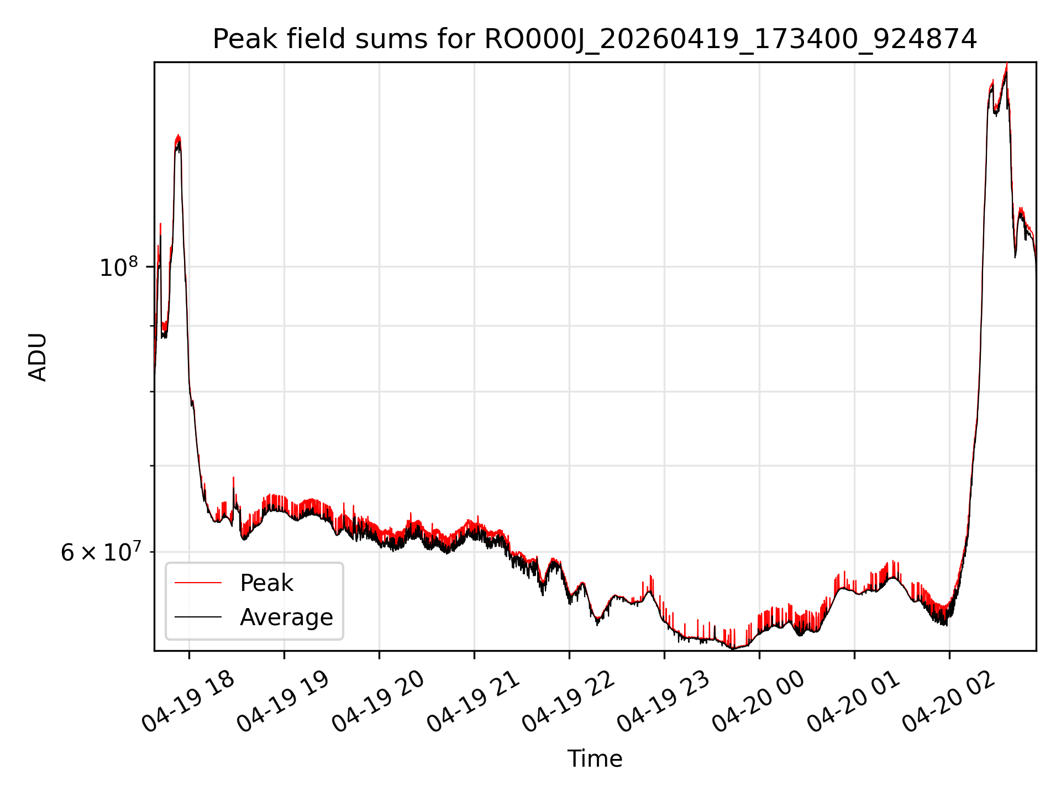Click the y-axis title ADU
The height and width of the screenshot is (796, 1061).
pyautogui.click(x=38, y=357)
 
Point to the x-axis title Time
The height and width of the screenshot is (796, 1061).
pyautogui.click(x=595, y=759)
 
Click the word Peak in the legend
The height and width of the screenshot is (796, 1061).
pyautogui.click(x=266, y=583)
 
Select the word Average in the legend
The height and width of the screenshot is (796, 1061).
pyautogui.click(x=286, y=617)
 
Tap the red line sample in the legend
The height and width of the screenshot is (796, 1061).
pyautogui.click(x=198, y=583)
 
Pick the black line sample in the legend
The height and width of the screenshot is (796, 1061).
pyautogui.click(x=198, y=617)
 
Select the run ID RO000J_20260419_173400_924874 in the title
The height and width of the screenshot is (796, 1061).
pyautogui.click(x=731, y=40)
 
